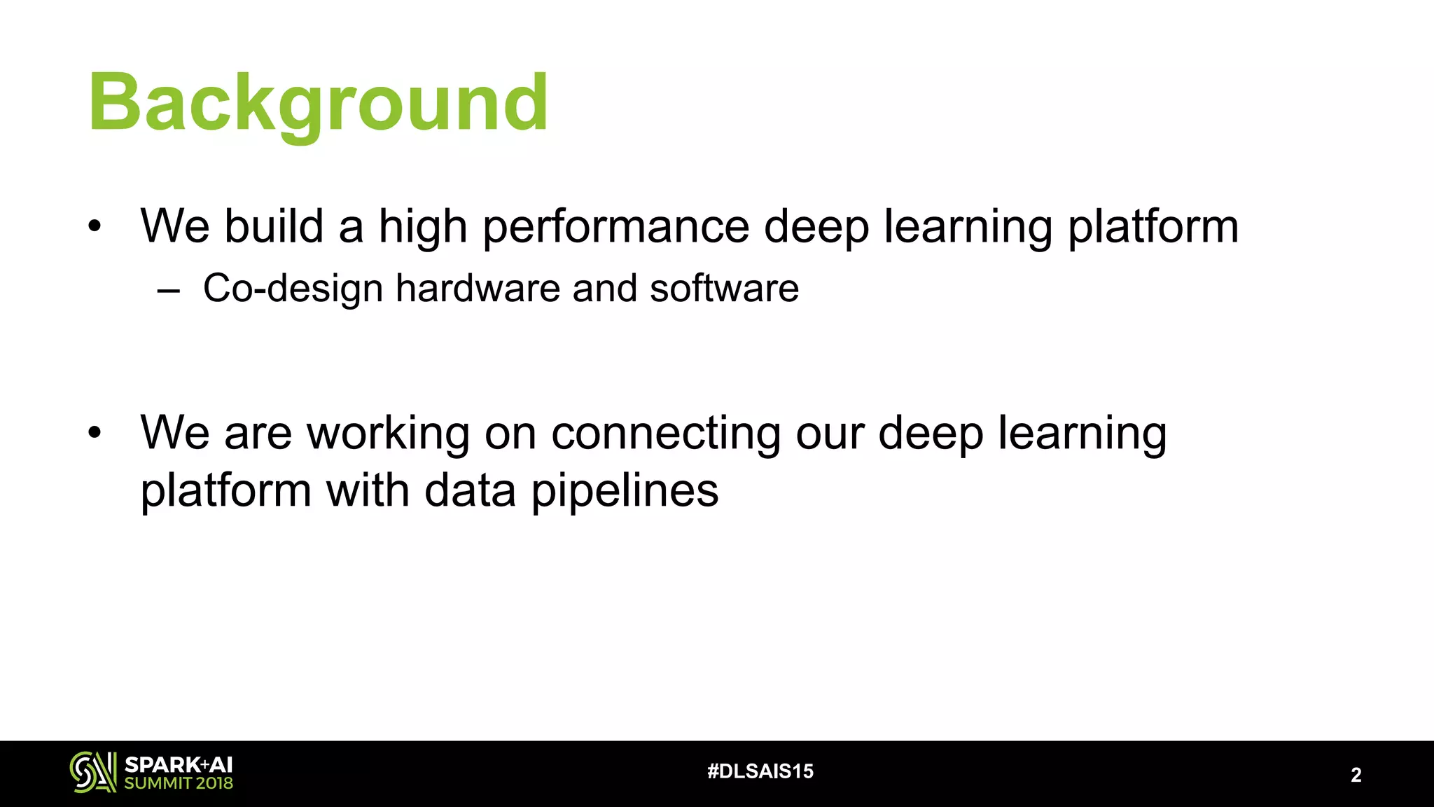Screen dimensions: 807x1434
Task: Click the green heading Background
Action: pos(319,104)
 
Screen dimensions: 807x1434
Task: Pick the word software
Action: pos(724,288)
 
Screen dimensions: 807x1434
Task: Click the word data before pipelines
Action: pos(470,490)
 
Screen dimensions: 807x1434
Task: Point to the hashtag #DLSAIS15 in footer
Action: pos(760,771)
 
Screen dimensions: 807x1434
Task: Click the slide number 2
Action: pos(1356,775)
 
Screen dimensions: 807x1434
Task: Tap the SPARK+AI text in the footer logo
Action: pos(178,765)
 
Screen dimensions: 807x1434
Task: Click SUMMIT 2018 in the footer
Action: pos(179,783)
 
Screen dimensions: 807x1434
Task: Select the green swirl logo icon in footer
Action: pos(92,773)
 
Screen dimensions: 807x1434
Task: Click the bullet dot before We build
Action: pos(95,226)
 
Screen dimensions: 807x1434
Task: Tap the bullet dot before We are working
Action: pos(95,433)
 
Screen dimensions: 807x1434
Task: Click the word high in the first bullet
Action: pos(422,227)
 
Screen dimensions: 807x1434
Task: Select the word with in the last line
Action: pos(367,490)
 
